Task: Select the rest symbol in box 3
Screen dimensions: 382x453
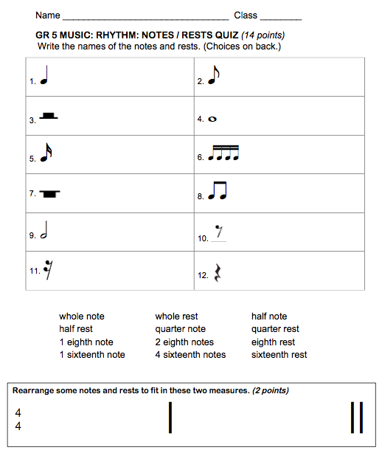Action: point(49,117)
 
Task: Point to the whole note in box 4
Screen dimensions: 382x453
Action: point(212,119)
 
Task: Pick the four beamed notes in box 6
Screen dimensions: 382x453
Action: point(225,154)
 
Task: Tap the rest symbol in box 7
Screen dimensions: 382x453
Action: point(50,194)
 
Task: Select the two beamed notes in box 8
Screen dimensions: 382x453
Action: point(217,193)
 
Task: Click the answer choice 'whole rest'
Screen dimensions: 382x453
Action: point(176,317)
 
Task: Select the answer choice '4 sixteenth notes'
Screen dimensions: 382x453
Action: point(190,355)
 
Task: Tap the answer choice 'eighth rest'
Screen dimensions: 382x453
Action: point(273,342)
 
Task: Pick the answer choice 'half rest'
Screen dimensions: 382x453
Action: point(76,329)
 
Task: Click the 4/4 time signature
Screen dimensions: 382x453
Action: point(18,420)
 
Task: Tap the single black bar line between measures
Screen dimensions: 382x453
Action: point(170,417)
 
